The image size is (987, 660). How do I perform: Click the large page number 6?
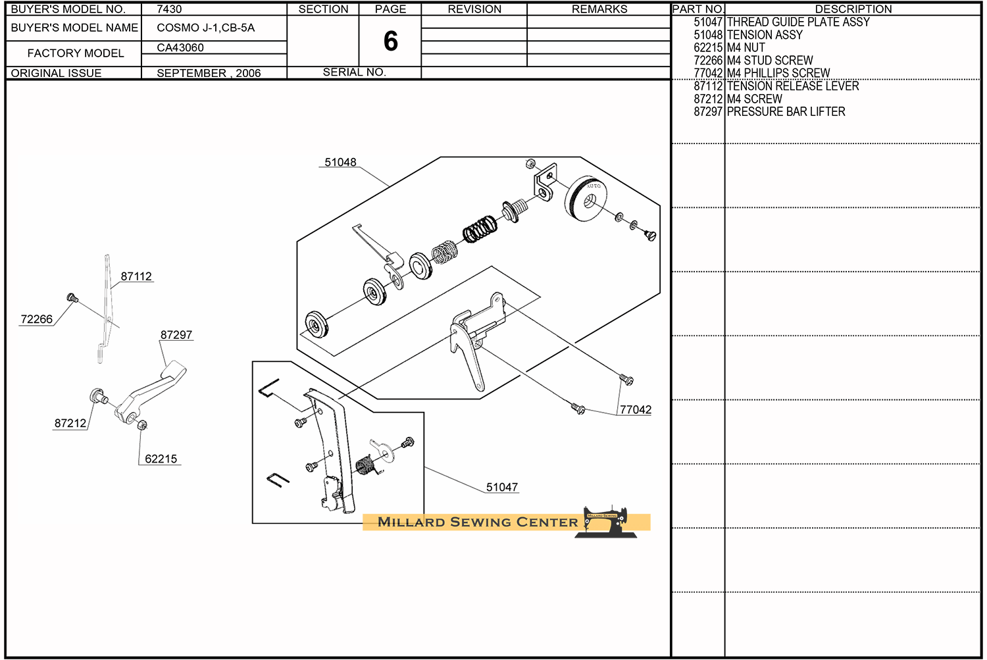coord(390,41)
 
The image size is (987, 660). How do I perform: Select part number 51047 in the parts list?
coord(708,22)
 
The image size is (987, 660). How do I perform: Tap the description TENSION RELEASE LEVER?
coord(793,86)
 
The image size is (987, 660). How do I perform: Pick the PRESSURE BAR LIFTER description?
coord(786,112)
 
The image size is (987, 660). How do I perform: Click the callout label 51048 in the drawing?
coord(340,162)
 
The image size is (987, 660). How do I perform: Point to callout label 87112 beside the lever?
coord(136,276)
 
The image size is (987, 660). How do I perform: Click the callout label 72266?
coord(37,319)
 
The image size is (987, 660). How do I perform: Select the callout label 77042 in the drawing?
coord(636,410)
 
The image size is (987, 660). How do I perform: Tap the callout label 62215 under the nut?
coord(161,459)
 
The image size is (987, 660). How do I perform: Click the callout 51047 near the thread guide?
coord(502,488)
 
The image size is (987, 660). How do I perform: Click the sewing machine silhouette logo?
coord(606,522)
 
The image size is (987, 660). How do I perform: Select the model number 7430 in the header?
coord(169,9)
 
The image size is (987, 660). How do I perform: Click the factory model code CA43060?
coord(180,47)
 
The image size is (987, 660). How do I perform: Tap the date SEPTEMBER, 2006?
coord(209,73)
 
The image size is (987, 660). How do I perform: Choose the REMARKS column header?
coord(599,9)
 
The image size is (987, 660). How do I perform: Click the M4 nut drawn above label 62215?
coord(142,425)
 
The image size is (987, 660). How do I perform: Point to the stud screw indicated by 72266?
coord(72,298)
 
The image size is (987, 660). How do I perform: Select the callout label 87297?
coord(176,335)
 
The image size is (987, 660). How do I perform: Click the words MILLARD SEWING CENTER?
coord(478,522)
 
